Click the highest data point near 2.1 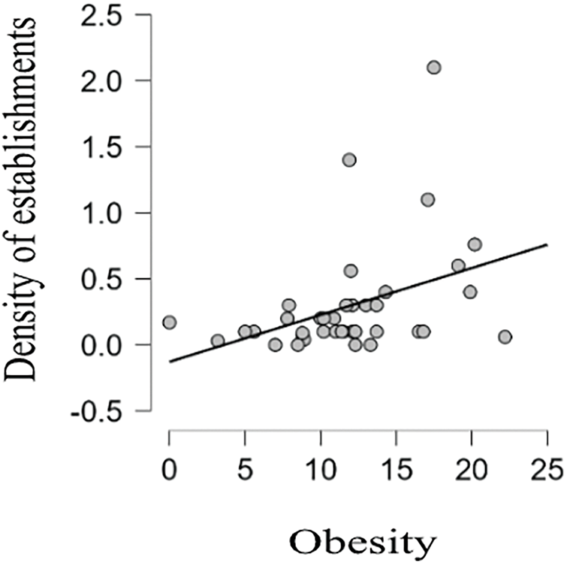pos(433,68)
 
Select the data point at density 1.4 pos(349,160)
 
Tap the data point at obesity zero pos(170,322)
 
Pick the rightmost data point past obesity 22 pos(505,337)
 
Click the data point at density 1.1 pos(428,199)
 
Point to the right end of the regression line pos(547,244)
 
